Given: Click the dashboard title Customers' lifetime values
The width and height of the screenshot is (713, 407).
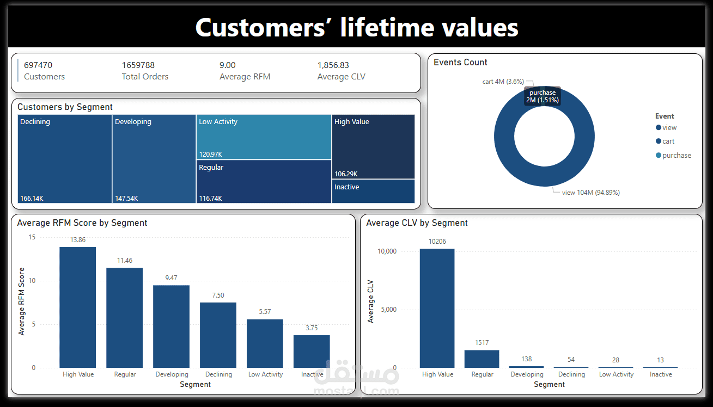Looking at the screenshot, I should pos(356,27).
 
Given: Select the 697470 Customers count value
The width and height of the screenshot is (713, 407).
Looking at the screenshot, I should pos(38,65).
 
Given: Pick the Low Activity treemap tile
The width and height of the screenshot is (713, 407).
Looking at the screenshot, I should pos(264,137).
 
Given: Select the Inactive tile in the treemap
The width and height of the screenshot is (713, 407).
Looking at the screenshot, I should pos(373,191).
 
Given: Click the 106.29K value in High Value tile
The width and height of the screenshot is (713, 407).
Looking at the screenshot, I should pos(346,174).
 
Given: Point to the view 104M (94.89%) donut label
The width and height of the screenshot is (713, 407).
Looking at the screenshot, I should pos(590,193).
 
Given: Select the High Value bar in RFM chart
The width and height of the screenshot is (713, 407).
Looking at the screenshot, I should pos(78,307).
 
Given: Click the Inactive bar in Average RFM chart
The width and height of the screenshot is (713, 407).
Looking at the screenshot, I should pos(312,351).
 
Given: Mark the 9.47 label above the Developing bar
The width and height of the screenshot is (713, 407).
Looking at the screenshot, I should pos(171,278).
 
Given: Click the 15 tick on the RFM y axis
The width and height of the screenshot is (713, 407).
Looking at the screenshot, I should pos(32,237).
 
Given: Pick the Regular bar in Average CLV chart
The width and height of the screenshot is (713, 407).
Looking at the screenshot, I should pos(482,359).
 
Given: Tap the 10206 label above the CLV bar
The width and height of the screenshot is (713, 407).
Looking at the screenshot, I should pos(437,242).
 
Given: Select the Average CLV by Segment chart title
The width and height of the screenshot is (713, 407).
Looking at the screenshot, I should pos(417,223).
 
